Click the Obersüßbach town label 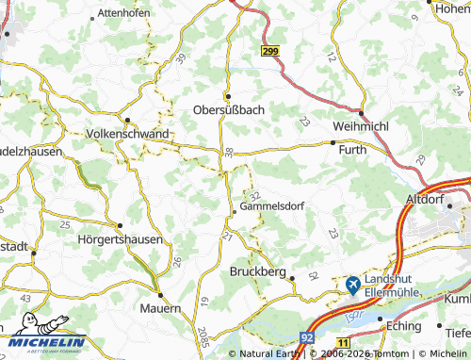click(x=228, y=109)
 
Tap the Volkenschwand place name click(x=127, y=134)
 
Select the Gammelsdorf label click(x=271, y=205)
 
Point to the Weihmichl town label click(x=363, y=125)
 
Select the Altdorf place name click(x=422, y=200)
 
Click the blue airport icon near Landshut click(x=352, y=284)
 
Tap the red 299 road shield click(x=270, y=53)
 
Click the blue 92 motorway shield click(x=307, y=335)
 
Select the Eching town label click(x=403, y=324)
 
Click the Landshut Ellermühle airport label click(x=398, y=287)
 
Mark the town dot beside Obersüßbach click(x=226, y=96)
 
